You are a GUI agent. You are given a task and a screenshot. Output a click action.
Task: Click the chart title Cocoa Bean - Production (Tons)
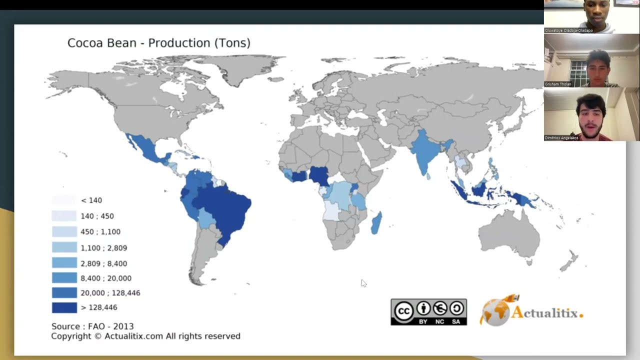coord(158,43)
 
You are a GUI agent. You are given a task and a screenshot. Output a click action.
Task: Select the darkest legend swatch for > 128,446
coord(64,307)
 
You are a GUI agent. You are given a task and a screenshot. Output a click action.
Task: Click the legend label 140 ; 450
coord(97,216)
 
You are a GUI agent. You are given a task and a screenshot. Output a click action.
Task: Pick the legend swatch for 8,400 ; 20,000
coord(64,278)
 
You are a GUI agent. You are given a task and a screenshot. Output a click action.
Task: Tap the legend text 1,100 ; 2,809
coord(103,247)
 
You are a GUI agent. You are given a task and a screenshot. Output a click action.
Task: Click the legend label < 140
coord(91,200)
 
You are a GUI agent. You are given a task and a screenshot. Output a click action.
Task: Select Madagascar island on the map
coord(376,223)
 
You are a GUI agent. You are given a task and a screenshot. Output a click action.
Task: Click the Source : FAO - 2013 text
coord(92,326)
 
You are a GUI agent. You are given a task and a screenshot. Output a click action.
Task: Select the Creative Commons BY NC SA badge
coord(428,312)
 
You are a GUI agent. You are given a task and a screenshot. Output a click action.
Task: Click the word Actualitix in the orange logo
coord(546,313)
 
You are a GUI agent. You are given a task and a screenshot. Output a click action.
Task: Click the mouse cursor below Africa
coord(363,283)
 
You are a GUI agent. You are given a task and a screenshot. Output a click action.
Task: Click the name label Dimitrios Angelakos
coord(562,137)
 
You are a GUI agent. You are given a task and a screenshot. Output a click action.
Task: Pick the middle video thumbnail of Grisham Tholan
coord(591,60)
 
